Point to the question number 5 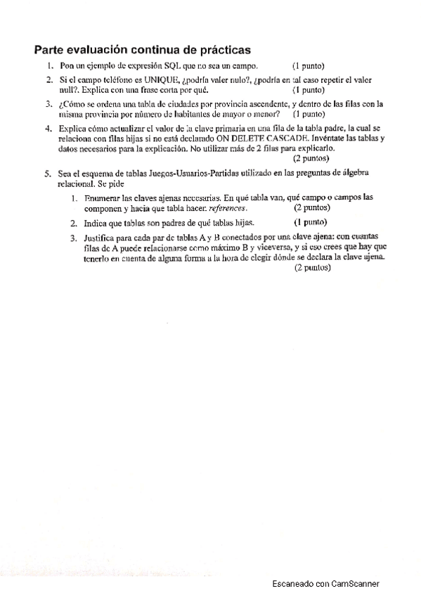(x=48, y=173)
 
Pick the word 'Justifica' (x=103, y=238)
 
